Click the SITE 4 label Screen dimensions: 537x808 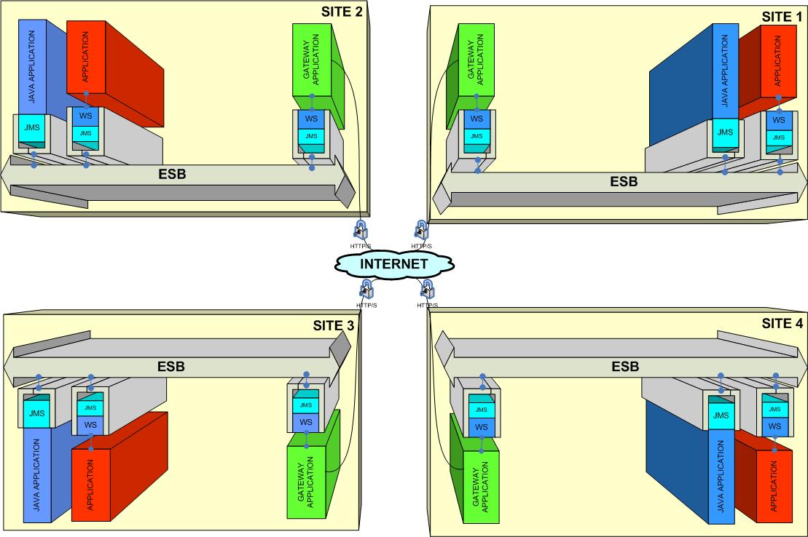click(x=782, y=324)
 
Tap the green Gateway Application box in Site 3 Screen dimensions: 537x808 click(x=307, y=476)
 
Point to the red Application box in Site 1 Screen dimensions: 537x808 click(x=777, y=61)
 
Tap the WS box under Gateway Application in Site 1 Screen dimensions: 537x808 click(x=476, y=119)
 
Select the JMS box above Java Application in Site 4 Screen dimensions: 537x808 click(x=721, y=415)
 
